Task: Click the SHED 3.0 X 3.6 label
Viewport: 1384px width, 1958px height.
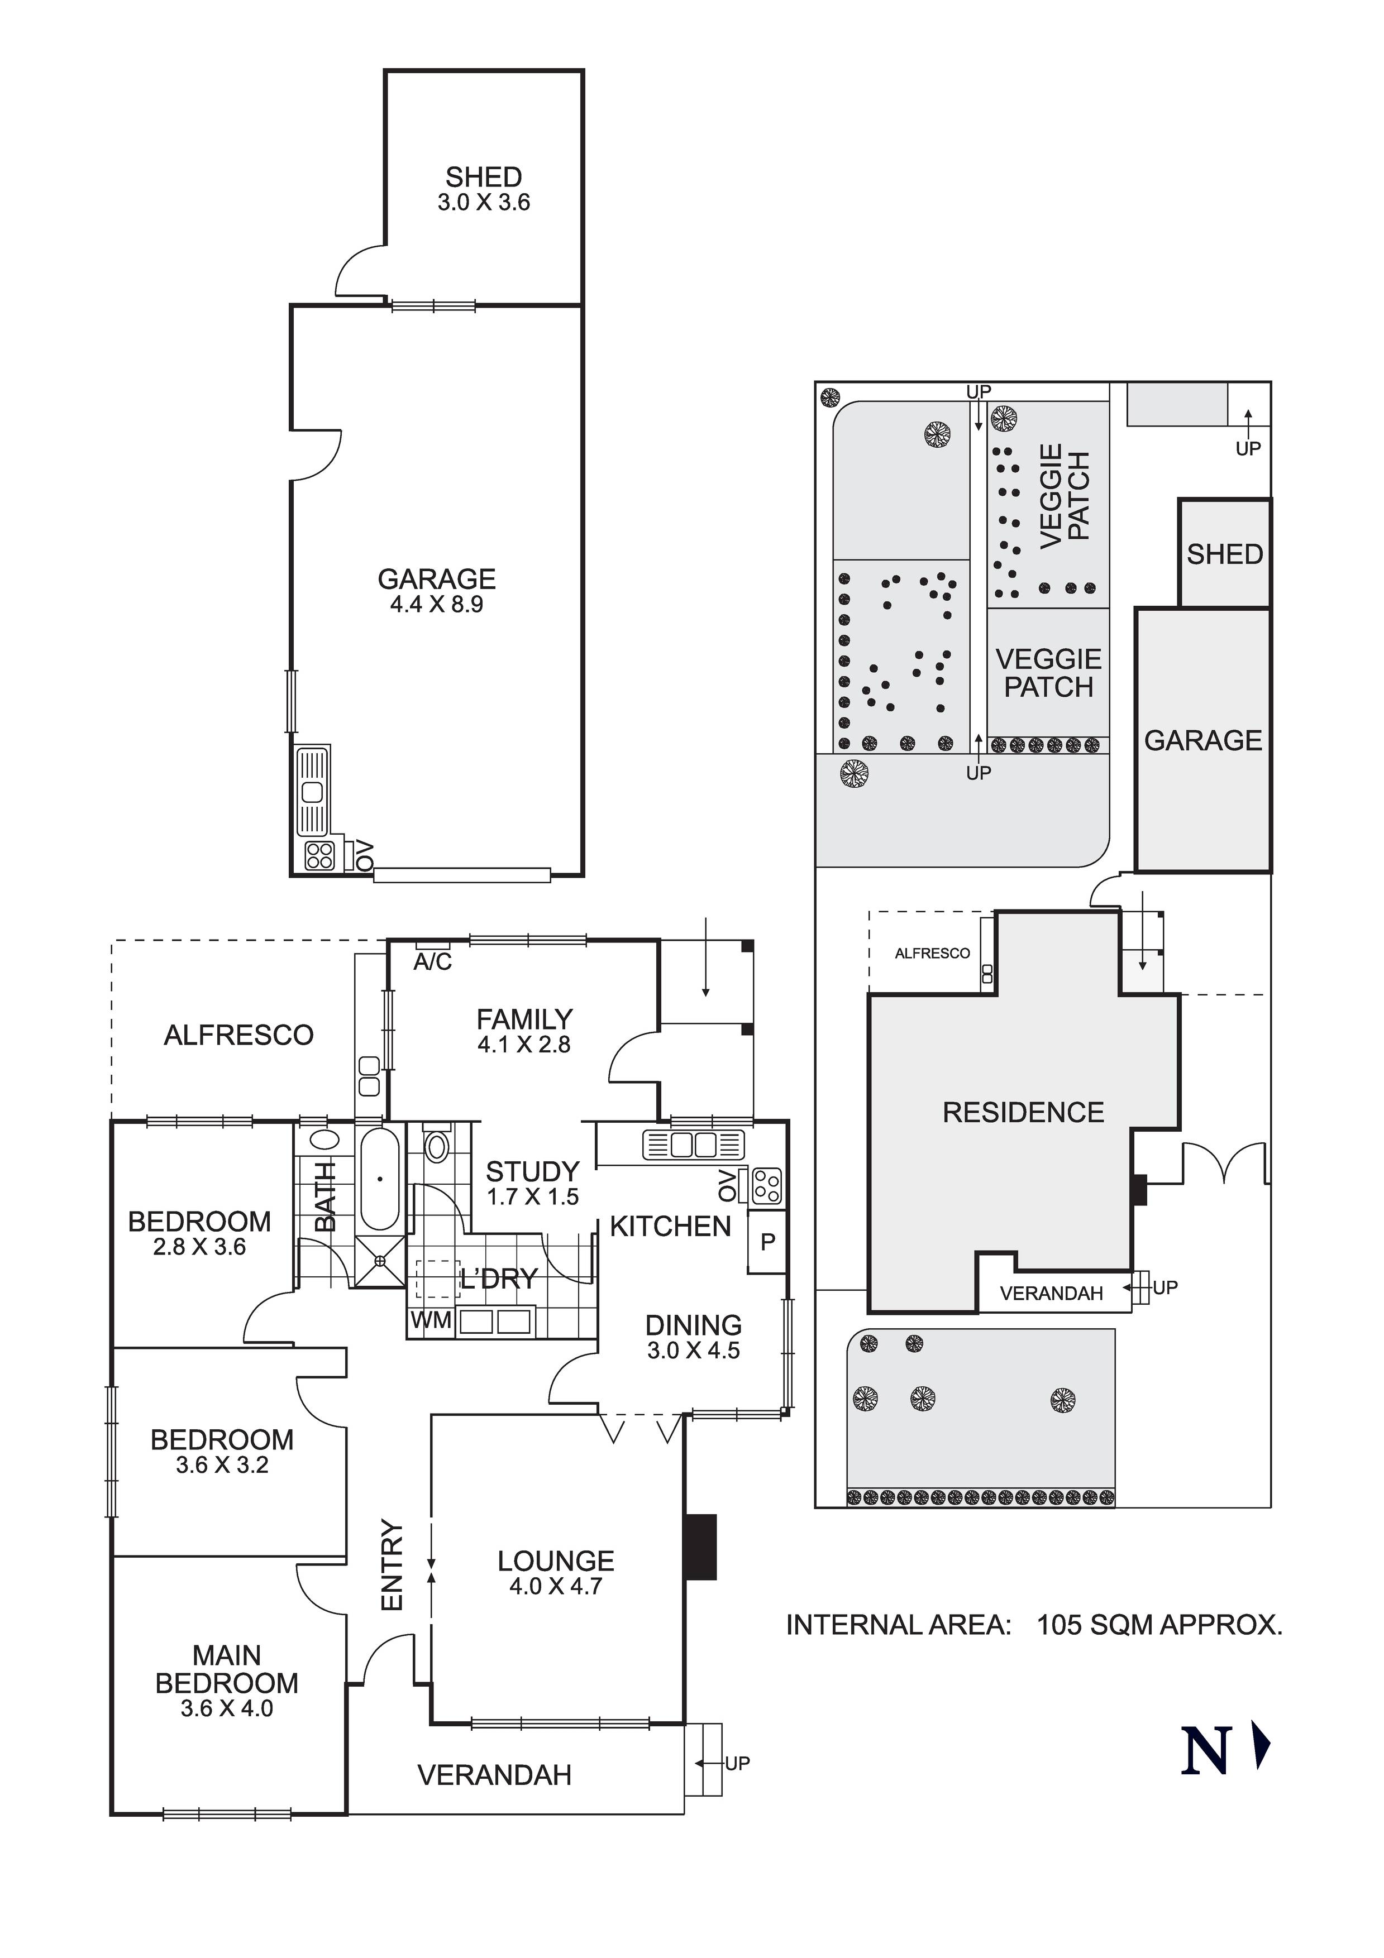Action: [484, 189]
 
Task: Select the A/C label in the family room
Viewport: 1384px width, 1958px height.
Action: [433, 962]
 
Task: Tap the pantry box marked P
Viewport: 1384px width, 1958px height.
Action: [767, 1242]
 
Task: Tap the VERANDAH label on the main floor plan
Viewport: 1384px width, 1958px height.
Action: [494, 1775]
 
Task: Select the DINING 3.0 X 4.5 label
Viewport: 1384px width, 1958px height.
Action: [693, 1337]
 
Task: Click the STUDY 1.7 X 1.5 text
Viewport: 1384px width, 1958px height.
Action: [532, 1183]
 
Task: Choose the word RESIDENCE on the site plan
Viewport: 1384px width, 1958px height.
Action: [1023, 1112]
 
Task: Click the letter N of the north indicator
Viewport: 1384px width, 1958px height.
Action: [1205, 1751]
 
